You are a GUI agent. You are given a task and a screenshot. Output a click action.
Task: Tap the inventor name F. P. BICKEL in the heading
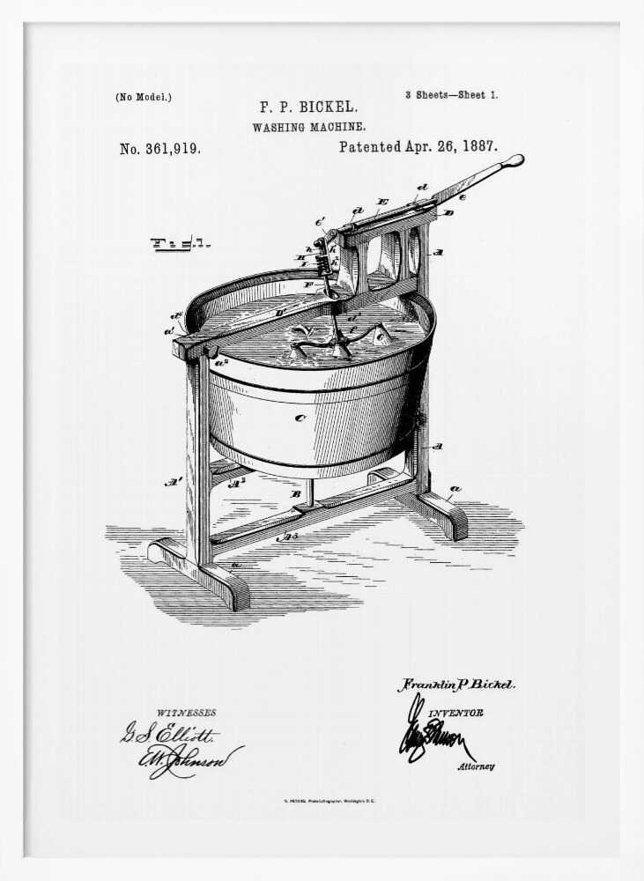(x=307, y=107)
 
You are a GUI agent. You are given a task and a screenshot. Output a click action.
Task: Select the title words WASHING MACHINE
(x=308, y=127)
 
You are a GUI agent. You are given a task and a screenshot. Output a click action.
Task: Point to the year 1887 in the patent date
(x=477, y=147)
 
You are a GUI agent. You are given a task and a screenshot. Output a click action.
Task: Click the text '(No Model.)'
(x=144, y=97)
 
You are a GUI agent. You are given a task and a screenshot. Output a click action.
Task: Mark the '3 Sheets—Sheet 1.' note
(x=451, y=94)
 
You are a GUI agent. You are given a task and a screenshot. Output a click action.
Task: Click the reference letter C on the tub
(x=300, y=418)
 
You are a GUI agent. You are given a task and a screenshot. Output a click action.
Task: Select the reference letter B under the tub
(x=297, y=493)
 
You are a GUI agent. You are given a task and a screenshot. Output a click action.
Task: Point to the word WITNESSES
(x=186, y=713)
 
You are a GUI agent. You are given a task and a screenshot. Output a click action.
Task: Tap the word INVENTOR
(x=456, y=713)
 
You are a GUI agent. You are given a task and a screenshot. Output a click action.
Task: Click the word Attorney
(x=476, y=766)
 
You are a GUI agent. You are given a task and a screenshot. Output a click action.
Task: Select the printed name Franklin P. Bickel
(x=456, y=685)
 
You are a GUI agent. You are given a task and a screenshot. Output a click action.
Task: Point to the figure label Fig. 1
(x=180, y=243)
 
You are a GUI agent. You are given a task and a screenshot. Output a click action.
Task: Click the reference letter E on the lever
(x=381, y=202)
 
